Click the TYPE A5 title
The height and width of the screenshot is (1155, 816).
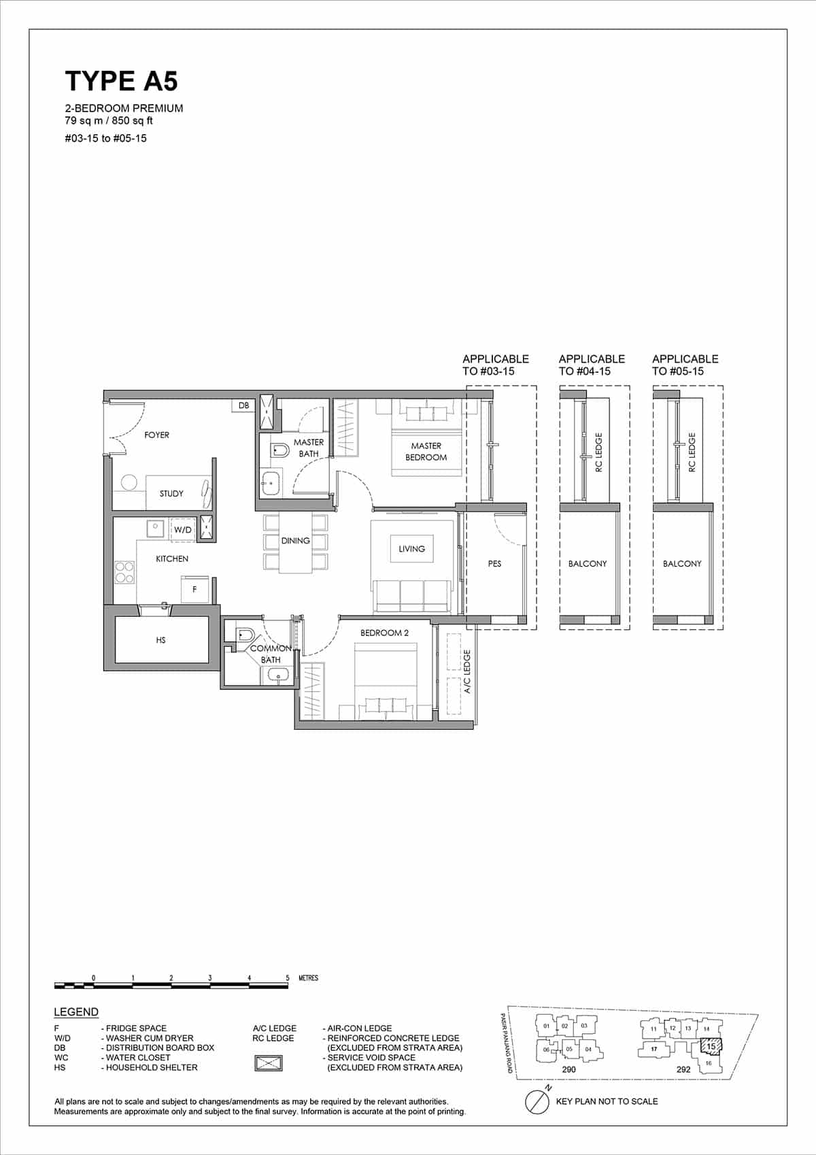click(x=121, y=81)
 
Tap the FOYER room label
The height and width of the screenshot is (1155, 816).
click(x=156, y=435)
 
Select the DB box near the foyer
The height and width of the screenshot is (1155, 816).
click(x=243, y=405)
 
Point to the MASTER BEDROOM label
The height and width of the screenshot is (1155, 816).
click(x=426, y=452)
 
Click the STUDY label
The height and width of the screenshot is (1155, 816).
click(x=171, y=494)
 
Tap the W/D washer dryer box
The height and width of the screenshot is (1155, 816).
click(x=182, y=529)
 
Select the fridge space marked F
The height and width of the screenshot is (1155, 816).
click(x=194, y=589)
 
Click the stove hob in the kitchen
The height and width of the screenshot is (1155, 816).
click(x=124, y=572)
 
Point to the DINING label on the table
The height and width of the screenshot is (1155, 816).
click(x=295, y=541)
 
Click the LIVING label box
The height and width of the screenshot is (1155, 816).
click(x=411, y=549)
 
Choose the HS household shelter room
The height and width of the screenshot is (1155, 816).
click(x=161, y=640)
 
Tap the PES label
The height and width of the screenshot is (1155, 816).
click(x=494, y=564)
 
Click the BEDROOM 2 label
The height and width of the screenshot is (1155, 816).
click(x=384, y=633)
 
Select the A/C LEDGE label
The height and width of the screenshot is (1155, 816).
click(x=467, y=672)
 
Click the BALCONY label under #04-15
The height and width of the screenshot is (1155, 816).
click(x=588, y=564)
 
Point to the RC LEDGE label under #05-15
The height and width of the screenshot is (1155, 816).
click(x=692, y=453)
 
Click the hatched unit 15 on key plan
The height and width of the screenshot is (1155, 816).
click(x=711, y=1045)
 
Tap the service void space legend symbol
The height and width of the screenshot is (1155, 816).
click(x=269, y=1062)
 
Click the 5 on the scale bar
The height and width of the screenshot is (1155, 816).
click(x=288, y=978)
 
